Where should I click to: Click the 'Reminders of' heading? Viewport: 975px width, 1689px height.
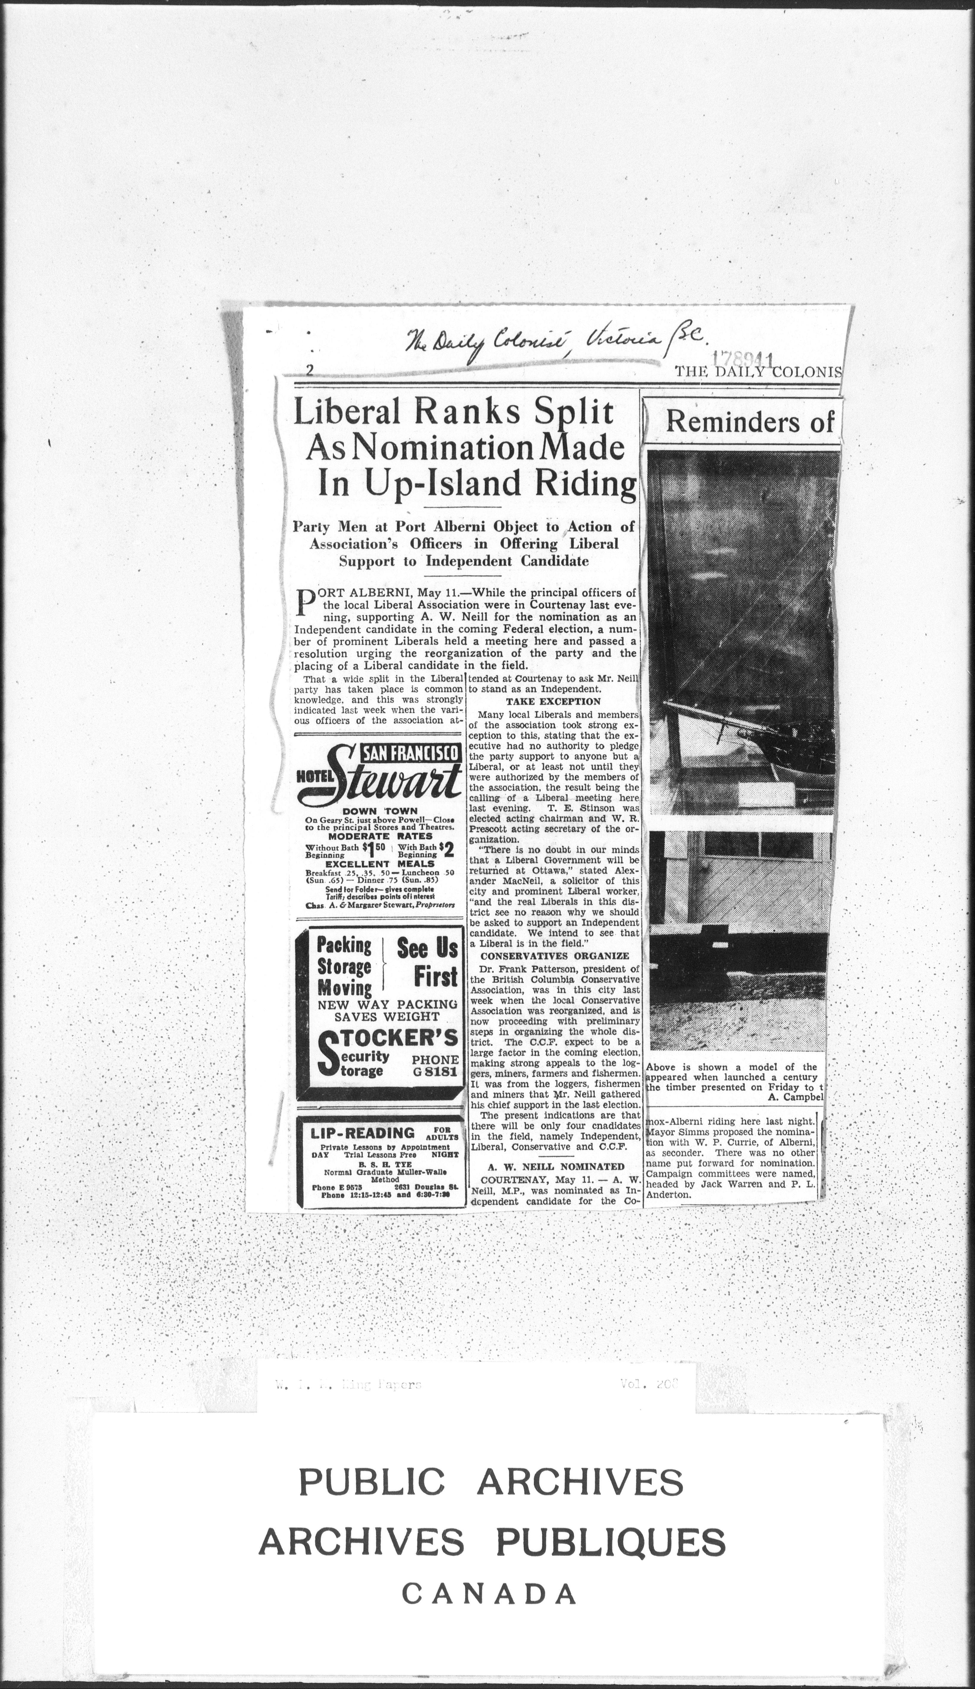point(750,421)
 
